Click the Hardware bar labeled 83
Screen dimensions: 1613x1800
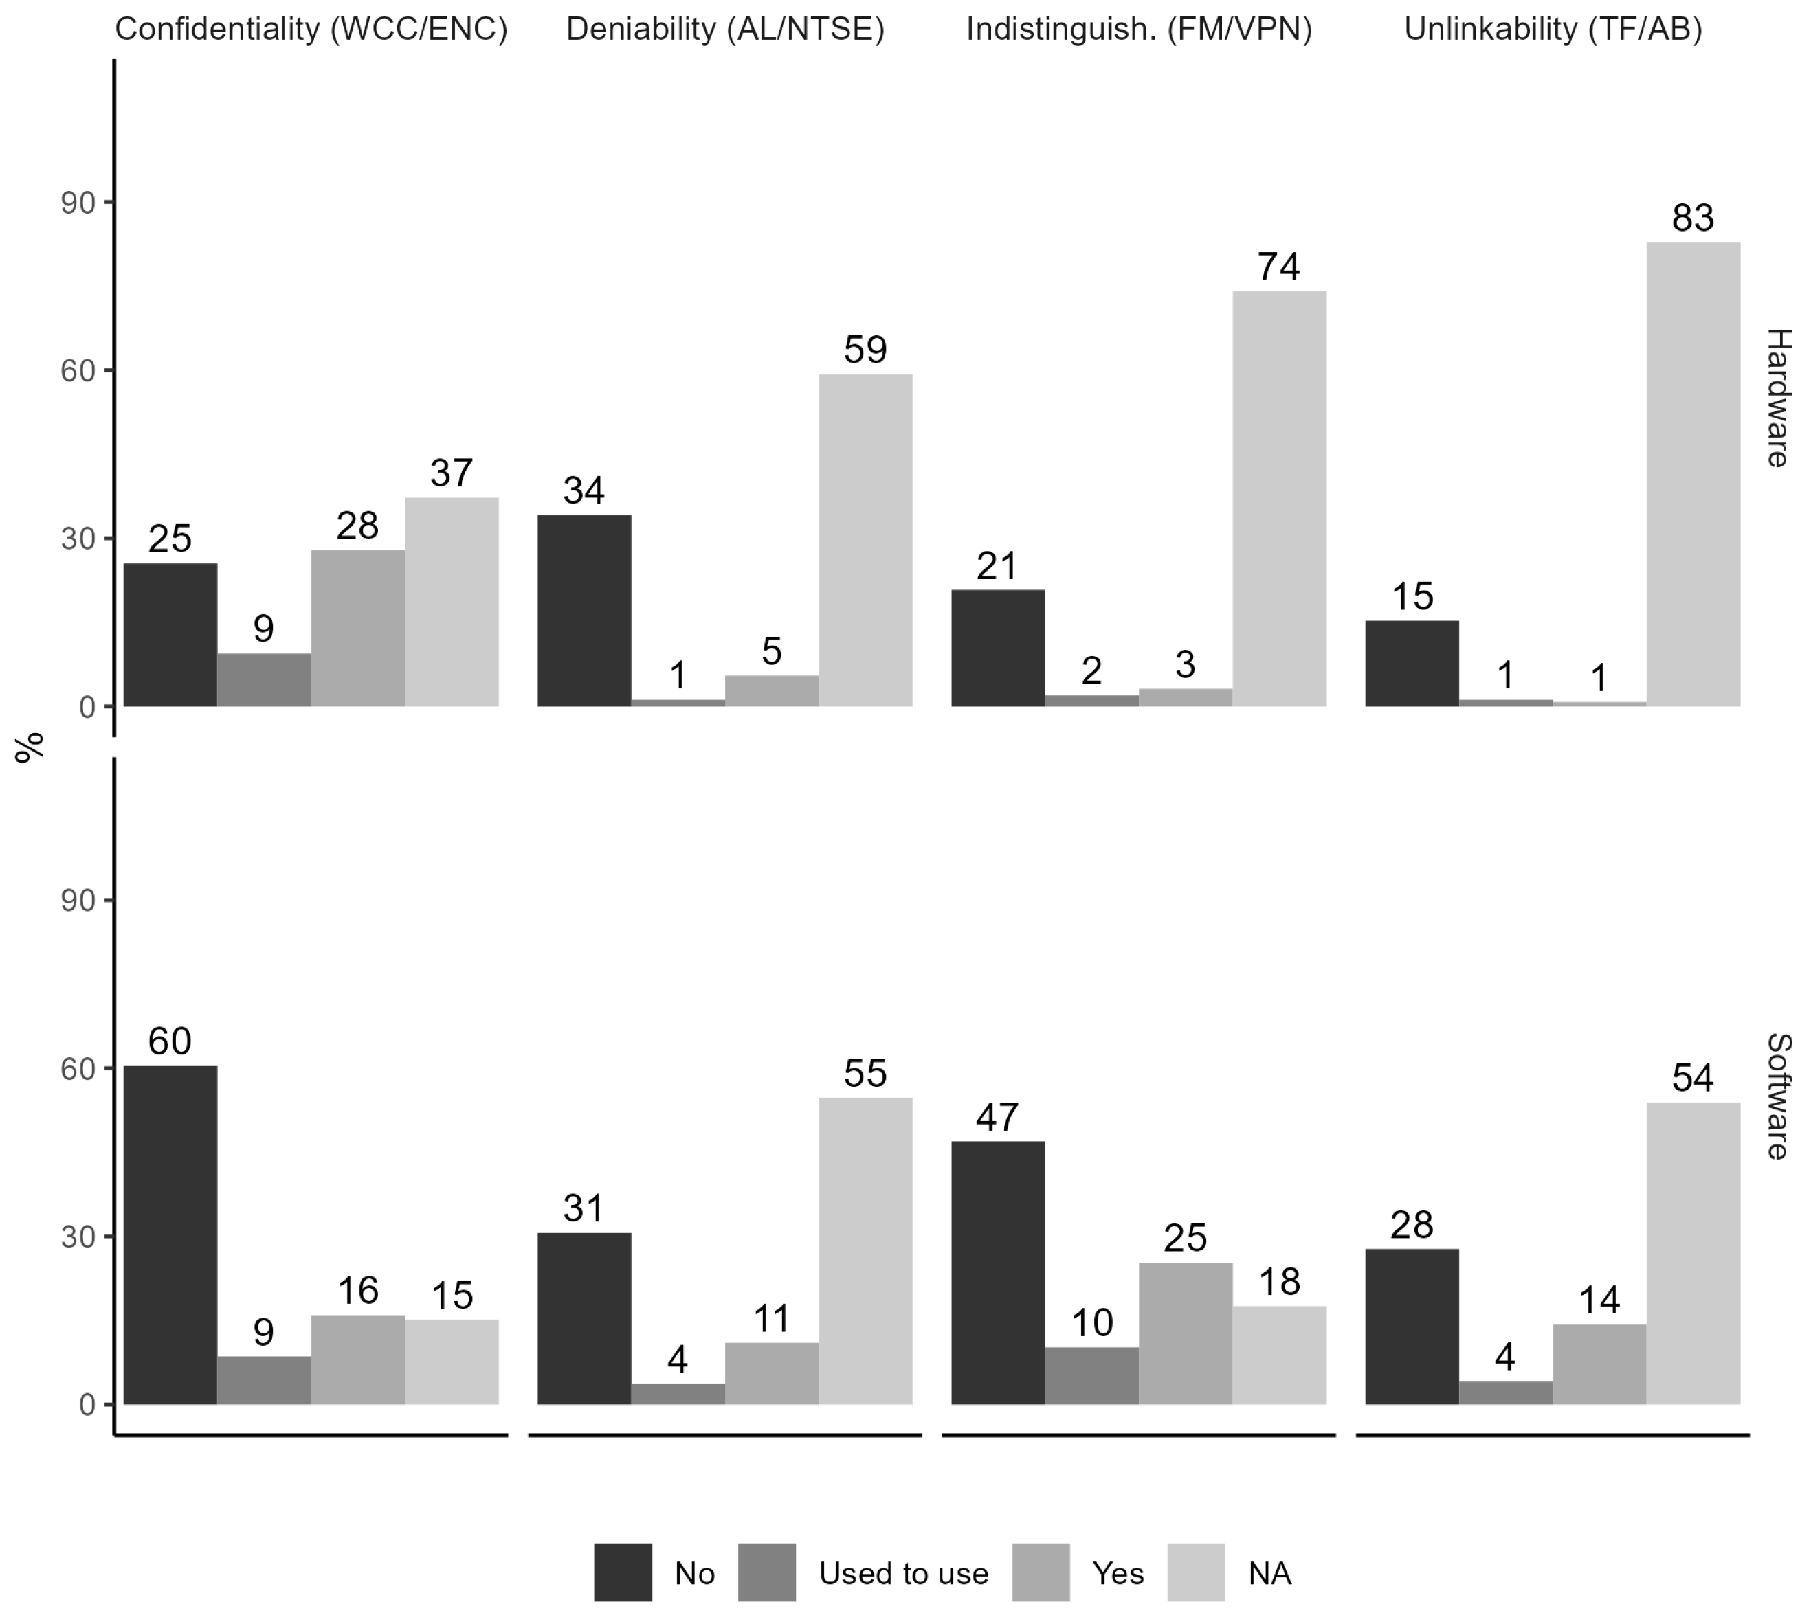1693,474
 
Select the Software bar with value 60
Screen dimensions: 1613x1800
170,1234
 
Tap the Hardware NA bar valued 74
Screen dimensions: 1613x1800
1278,498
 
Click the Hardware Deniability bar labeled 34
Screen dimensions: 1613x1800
584,611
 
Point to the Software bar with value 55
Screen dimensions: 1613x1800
865,1250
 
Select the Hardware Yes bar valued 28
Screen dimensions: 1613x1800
357,629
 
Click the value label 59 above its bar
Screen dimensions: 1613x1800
865,350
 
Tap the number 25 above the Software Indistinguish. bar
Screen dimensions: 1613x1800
1185,1238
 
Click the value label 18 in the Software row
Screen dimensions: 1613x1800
1278,1281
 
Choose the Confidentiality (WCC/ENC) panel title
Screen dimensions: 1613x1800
311,30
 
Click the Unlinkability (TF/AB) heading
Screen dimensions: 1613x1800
1553,30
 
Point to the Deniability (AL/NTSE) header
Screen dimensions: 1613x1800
725,30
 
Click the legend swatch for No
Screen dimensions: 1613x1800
623,1572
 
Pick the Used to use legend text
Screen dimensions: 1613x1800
902,1573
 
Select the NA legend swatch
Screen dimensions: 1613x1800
1195,1572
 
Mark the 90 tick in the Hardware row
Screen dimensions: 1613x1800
78,203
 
